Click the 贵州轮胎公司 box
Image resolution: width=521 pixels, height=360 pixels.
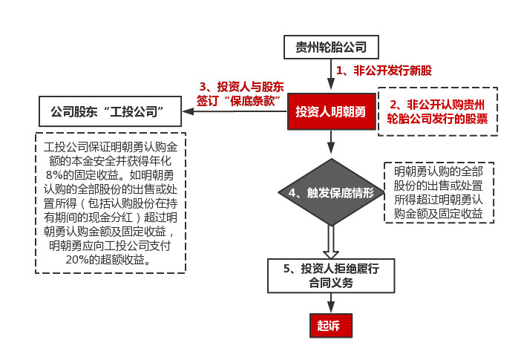331,47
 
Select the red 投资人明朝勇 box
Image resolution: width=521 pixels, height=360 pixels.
331,111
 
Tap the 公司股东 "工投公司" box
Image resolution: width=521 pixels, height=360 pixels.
110,111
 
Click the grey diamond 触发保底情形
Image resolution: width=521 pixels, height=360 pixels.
331,192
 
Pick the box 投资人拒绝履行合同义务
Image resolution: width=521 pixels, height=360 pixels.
331,275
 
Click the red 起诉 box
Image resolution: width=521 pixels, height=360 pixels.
330,325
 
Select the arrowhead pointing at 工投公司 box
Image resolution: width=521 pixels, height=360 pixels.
188,111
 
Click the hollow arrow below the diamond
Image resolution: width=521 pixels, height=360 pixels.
331,242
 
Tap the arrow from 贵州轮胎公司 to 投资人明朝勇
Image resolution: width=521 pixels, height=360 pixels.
331,74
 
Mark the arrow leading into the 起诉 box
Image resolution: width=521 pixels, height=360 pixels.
331,303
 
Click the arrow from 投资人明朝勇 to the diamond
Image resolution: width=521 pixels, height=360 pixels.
331,142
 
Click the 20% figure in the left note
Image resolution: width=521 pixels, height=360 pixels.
76,260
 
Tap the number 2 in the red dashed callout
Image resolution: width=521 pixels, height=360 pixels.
394,105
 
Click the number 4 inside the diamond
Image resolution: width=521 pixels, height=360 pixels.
292,193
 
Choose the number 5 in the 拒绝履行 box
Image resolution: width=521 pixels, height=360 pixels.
287,269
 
